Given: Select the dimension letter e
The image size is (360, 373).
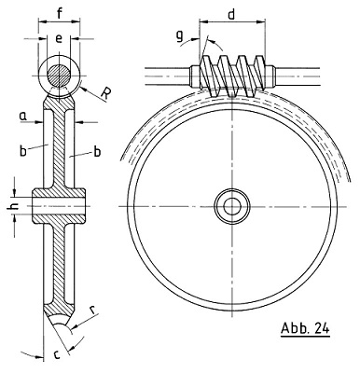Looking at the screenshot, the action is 59,38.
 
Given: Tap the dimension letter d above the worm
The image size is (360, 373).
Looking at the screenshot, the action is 231,14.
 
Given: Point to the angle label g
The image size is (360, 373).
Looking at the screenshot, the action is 179,36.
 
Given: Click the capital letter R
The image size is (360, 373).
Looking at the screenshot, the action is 105,94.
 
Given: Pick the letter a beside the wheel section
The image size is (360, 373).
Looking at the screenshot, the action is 22,117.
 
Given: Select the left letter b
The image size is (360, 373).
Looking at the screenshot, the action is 23,151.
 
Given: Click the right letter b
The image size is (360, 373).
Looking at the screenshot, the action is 97,151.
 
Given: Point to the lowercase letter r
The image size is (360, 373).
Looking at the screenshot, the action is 92,310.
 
